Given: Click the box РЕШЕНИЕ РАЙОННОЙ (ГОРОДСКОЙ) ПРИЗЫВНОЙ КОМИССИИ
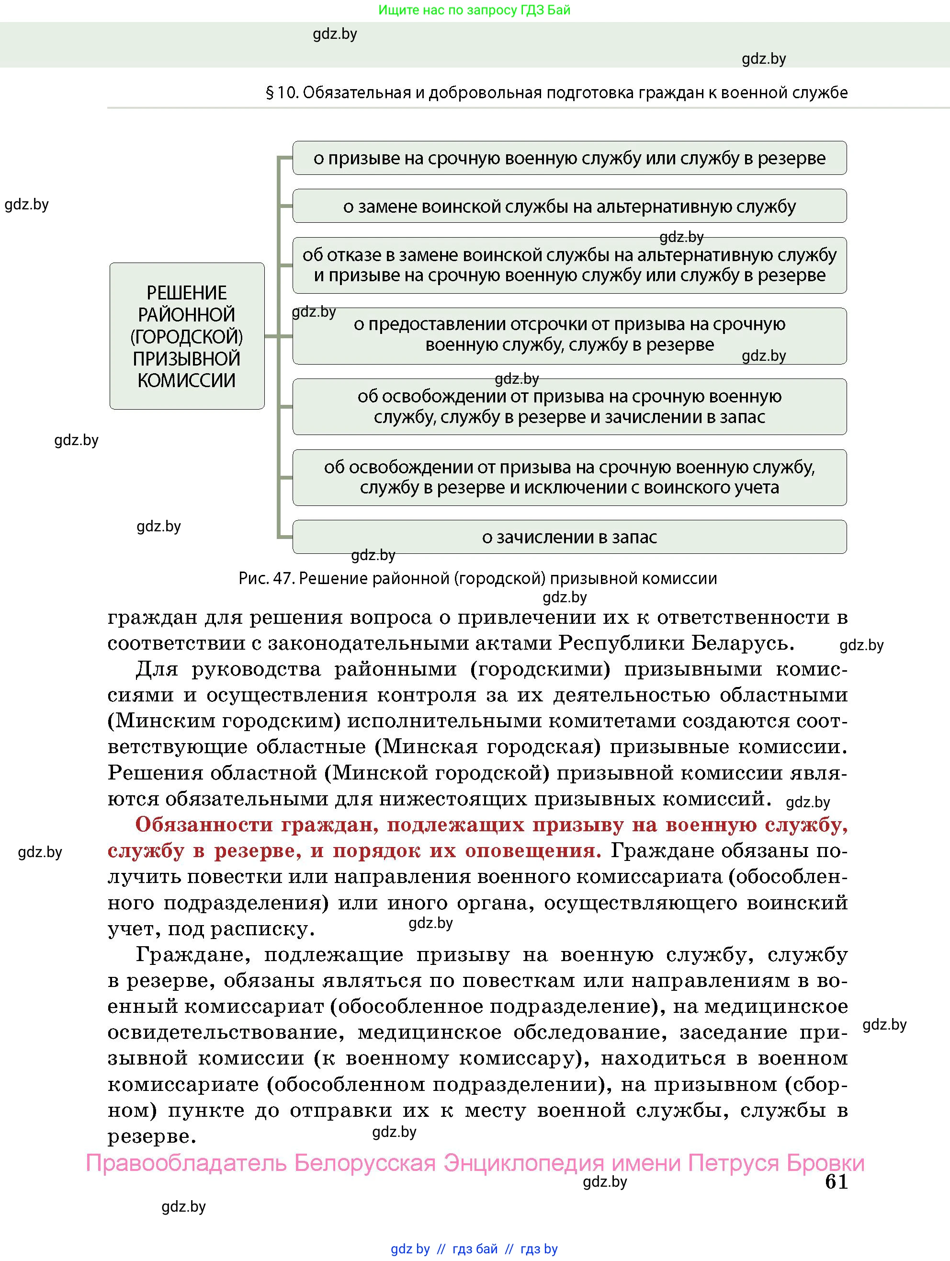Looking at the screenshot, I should click(x=187, y=336).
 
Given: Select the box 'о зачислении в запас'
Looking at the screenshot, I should click(x=569, y=537).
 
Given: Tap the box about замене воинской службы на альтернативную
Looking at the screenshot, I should click(x=569, y=206).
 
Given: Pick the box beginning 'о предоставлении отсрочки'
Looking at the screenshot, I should click(x=569, y=335).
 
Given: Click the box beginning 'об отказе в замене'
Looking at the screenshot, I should click(x=569, y=265).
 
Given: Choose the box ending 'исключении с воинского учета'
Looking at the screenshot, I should click(x=569, y=477).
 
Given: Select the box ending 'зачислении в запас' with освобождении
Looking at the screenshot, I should click(x=569, y=406).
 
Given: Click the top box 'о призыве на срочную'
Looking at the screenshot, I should click(x=569, y=158).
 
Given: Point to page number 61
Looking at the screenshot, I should click(x=836, y=1182).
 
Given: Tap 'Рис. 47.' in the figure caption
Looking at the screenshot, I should click(x=266, y=579).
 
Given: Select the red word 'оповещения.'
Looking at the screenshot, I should click(x=533, y=851).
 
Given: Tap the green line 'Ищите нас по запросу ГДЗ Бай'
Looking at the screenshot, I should click(x=474, y=10).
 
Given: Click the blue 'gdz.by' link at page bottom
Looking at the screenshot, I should click(x=410, y=1249).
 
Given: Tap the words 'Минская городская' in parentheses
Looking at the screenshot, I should click(x=488, y=747).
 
